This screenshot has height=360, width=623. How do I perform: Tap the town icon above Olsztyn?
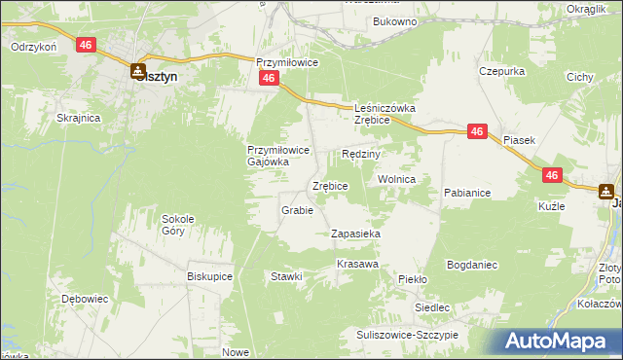point(138,70)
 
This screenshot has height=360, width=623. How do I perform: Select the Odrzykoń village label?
point(35,46)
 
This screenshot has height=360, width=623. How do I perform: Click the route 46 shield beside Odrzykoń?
point(87,45)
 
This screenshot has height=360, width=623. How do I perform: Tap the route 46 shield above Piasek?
point(477,131)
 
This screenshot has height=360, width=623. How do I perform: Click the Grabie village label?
point(297,210)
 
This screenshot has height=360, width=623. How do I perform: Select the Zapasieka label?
point(355,234)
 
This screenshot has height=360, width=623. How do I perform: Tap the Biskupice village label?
point(209,275)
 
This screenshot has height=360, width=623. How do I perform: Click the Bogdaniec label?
point(472,264)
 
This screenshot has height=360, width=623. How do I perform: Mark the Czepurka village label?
point(502,71)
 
